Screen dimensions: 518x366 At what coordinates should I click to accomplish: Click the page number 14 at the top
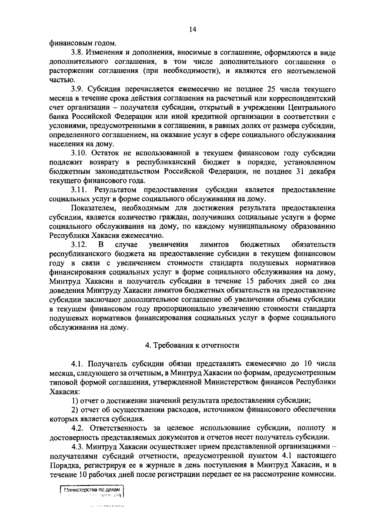pyautogui.click(x=192, y=29)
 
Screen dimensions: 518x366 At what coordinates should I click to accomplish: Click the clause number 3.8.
pyautogui.click(x=77, y=53)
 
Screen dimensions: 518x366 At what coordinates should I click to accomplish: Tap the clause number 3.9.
pyautogui.click(x=77, y=89)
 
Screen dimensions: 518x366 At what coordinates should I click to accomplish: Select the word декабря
pyautogui.click(x=322, y=171)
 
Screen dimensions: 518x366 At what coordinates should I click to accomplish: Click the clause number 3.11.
pyautogui.click(x=79, y=190)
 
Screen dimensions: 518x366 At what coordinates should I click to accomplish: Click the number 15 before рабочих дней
pyautogui.click(x=247, y=281)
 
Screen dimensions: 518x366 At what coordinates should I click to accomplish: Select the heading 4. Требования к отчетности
pyautogui.click(x=192, y=345)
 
